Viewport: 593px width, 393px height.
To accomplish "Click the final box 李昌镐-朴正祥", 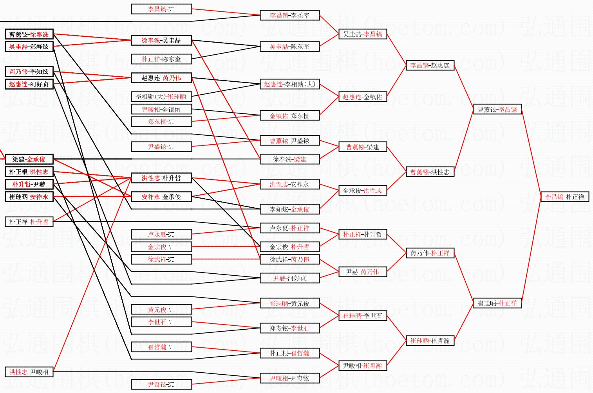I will tap(564, 197).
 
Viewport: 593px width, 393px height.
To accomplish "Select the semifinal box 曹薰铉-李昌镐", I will tap(497, 109).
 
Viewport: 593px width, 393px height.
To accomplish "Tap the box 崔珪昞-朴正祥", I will tap(497, 303).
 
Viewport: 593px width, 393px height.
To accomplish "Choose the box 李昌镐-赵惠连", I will tap(430, 65).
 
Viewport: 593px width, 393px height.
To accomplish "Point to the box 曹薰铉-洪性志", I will tap(430, 172).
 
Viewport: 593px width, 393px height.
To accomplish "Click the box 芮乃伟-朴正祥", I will tap(430, 253).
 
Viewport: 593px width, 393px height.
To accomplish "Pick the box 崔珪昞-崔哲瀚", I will tap(430, 341).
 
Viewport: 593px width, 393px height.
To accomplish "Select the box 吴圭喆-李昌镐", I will tap(362, 34).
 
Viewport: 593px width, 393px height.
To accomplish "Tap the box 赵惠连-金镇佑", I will tap(362, 97).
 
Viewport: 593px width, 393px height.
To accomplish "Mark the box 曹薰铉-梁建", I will tap(362, 147).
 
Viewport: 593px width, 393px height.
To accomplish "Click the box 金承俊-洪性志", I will tap(362, 190).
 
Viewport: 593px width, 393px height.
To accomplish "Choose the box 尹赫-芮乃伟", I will tap(362, 272).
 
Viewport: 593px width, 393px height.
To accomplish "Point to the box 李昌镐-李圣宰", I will tap(289, 15).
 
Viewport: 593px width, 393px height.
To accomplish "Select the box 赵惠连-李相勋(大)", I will tap(289, 84).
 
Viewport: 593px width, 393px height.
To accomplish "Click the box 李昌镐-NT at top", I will tap(161, 9).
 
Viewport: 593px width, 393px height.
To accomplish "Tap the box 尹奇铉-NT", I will tap(161, 384).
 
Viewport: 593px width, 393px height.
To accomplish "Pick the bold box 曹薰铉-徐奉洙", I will tap(29, 34).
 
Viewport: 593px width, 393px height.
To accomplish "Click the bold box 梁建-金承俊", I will tap(29, 159).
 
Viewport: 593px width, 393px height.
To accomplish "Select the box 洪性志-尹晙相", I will tap(29, 372).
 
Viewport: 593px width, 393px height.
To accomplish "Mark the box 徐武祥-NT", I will tap(161, 259).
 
